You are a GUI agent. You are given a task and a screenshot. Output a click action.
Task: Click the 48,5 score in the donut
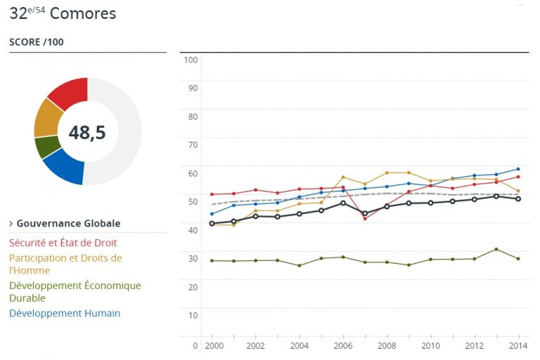[87, 132]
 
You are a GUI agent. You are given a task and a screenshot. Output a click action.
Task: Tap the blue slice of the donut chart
[64, 167]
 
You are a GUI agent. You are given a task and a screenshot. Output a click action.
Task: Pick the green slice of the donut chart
[46, 146]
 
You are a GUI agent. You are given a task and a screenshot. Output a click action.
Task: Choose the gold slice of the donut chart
[47, 119]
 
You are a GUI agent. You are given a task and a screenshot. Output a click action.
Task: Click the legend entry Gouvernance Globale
[68, 224]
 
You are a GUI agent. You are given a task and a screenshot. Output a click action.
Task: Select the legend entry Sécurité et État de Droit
[63, 243]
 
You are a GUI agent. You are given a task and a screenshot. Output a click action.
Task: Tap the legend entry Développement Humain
[65, 314]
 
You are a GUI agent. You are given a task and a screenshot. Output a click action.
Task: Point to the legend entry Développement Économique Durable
[75, 292]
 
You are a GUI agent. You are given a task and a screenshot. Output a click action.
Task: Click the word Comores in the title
[83, 13]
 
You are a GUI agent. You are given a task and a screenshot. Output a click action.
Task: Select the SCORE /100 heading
[37, 42]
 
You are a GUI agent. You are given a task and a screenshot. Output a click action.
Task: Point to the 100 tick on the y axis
[190, 60]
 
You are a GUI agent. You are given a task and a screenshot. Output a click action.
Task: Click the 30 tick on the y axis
[191, 257]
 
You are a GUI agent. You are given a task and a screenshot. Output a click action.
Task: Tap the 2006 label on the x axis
[342, 346]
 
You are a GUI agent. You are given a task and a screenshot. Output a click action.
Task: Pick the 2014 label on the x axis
[517, 346]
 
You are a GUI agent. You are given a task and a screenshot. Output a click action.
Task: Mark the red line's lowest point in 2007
[365, 219]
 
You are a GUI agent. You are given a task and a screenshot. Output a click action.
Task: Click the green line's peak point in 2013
[496, 249]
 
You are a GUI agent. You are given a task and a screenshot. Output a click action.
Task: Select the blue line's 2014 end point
[518, 169]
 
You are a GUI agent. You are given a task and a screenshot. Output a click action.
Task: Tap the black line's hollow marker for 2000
[212, 224]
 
